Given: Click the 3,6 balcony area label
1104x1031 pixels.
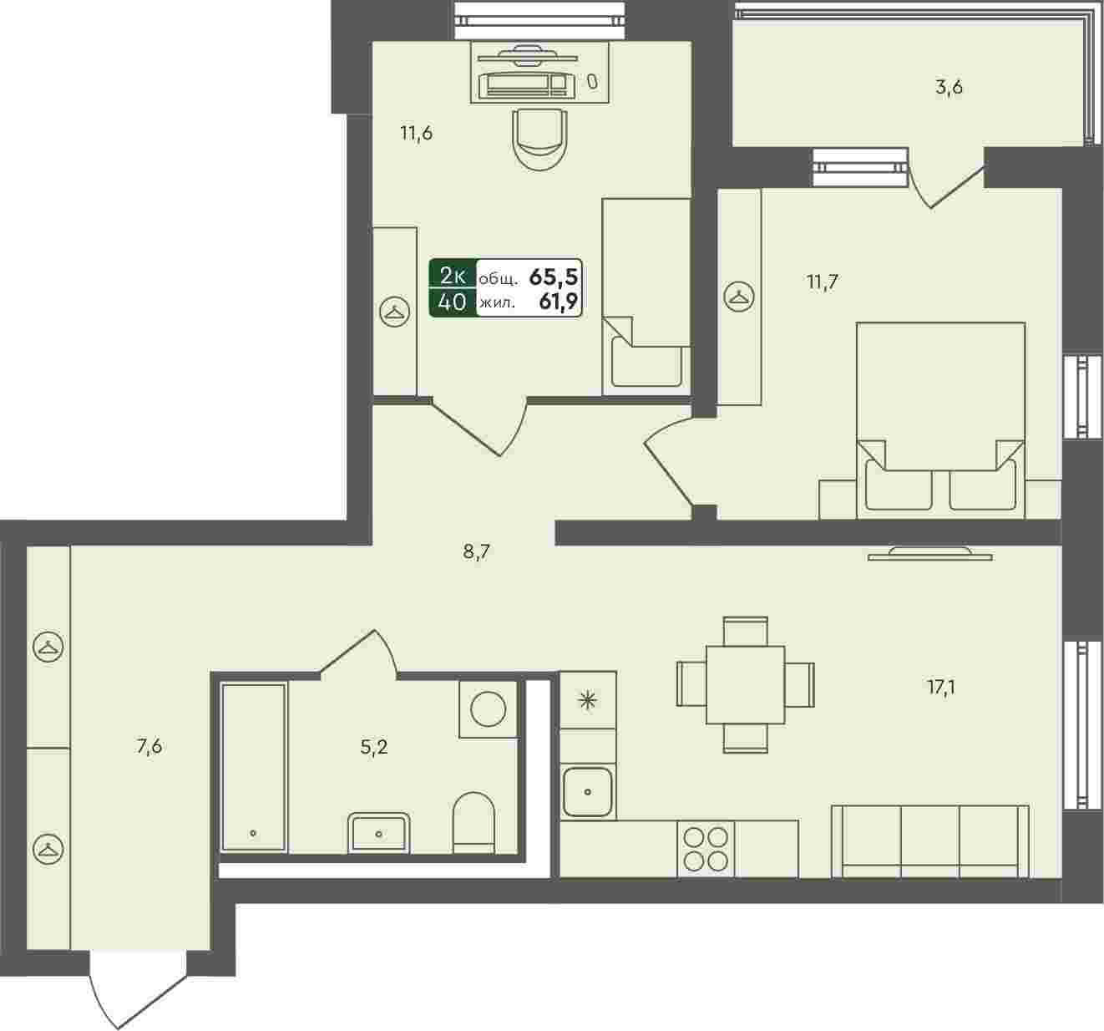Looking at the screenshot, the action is click(x=949, y=88).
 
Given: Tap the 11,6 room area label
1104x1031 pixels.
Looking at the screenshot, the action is click(x=417, y=134).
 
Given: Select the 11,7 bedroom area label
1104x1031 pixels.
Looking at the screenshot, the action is click(x=823, y=282).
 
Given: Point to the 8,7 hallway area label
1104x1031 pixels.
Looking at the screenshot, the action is click(x=476, y=552).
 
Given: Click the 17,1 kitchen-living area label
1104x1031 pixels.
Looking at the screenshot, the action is click(x=940, y=688).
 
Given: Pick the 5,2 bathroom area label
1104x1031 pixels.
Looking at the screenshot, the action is click(x=373, y=747).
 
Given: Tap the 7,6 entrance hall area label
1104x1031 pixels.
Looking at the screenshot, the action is click(x=149, y=746).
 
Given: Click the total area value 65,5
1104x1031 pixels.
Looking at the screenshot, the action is click(x=554, y=277).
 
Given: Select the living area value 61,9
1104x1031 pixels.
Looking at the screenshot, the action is click(x=559, y=302).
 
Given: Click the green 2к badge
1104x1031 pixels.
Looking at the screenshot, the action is click(x=453, y=275).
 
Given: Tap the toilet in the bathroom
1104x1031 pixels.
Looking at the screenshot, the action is click(x=474, y=823).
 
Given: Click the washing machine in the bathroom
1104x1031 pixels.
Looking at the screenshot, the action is click(x=488, y=708).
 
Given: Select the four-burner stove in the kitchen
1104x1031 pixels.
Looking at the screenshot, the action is click(x=706, y=849).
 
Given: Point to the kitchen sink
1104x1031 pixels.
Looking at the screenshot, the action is click(x=587, y=791).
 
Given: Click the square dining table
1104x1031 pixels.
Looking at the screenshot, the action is click(x=745, y=685).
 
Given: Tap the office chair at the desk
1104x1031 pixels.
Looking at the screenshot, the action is click(x=539, y=139).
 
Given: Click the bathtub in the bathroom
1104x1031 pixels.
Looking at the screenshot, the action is click(x=254, y=767).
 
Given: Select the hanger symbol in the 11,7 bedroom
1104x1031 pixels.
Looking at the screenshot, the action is click(x=739, y=297).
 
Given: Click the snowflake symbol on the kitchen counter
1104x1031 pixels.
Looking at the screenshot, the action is click(x=588, y=700).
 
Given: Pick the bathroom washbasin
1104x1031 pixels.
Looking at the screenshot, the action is click(x=378, y=833).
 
